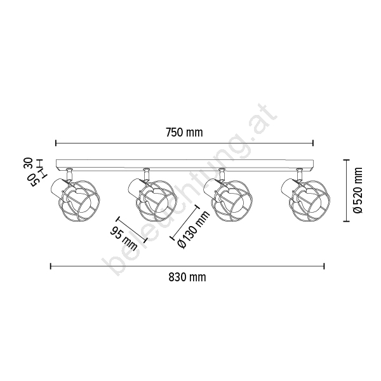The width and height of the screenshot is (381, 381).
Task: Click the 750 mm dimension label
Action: [x=184, y=133]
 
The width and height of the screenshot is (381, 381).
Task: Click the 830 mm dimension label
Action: [x=187, y=277]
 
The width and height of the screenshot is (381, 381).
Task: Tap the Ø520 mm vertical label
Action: [x=358, y=190]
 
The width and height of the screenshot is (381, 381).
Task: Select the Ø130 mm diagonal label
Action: [x=194, y=230]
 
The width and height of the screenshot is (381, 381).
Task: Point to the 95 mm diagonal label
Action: [x=124, y=238]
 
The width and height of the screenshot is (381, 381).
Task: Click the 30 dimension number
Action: [x=29, y=163]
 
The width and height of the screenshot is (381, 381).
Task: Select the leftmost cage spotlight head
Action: [x=76, y=199]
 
